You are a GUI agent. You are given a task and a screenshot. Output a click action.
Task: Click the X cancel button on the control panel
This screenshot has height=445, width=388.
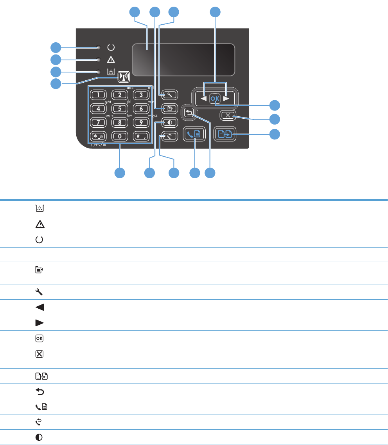coord(228,115)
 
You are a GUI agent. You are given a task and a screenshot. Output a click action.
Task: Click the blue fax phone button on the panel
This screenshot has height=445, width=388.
coord(194,134)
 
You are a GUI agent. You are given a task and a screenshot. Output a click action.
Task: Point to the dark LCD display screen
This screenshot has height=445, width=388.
coord(183,60)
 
